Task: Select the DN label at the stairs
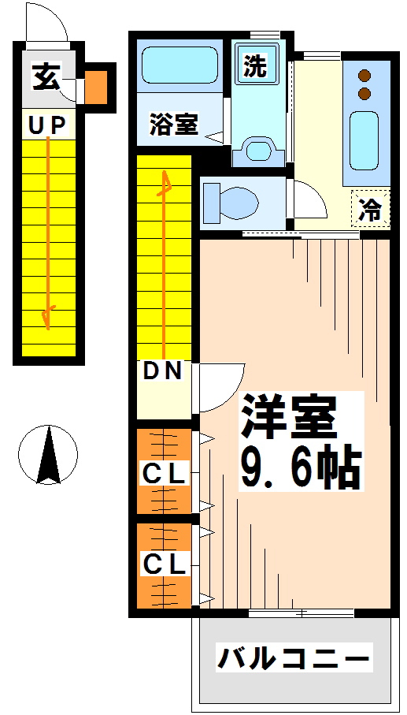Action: [x=163, y=371]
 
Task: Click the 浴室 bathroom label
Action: [x=174, y=123]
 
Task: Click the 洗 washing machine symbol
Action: [x=254, y=65]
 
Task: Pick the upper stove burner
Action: [x=364, y=76]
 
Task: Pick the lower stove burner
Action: [x=364, y=94]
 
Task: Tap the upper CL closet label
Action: [x=163, y=474]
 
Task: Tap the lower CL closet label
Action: [x=163, y=564]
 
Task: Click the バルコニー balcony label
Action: [x=293, y=657]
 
